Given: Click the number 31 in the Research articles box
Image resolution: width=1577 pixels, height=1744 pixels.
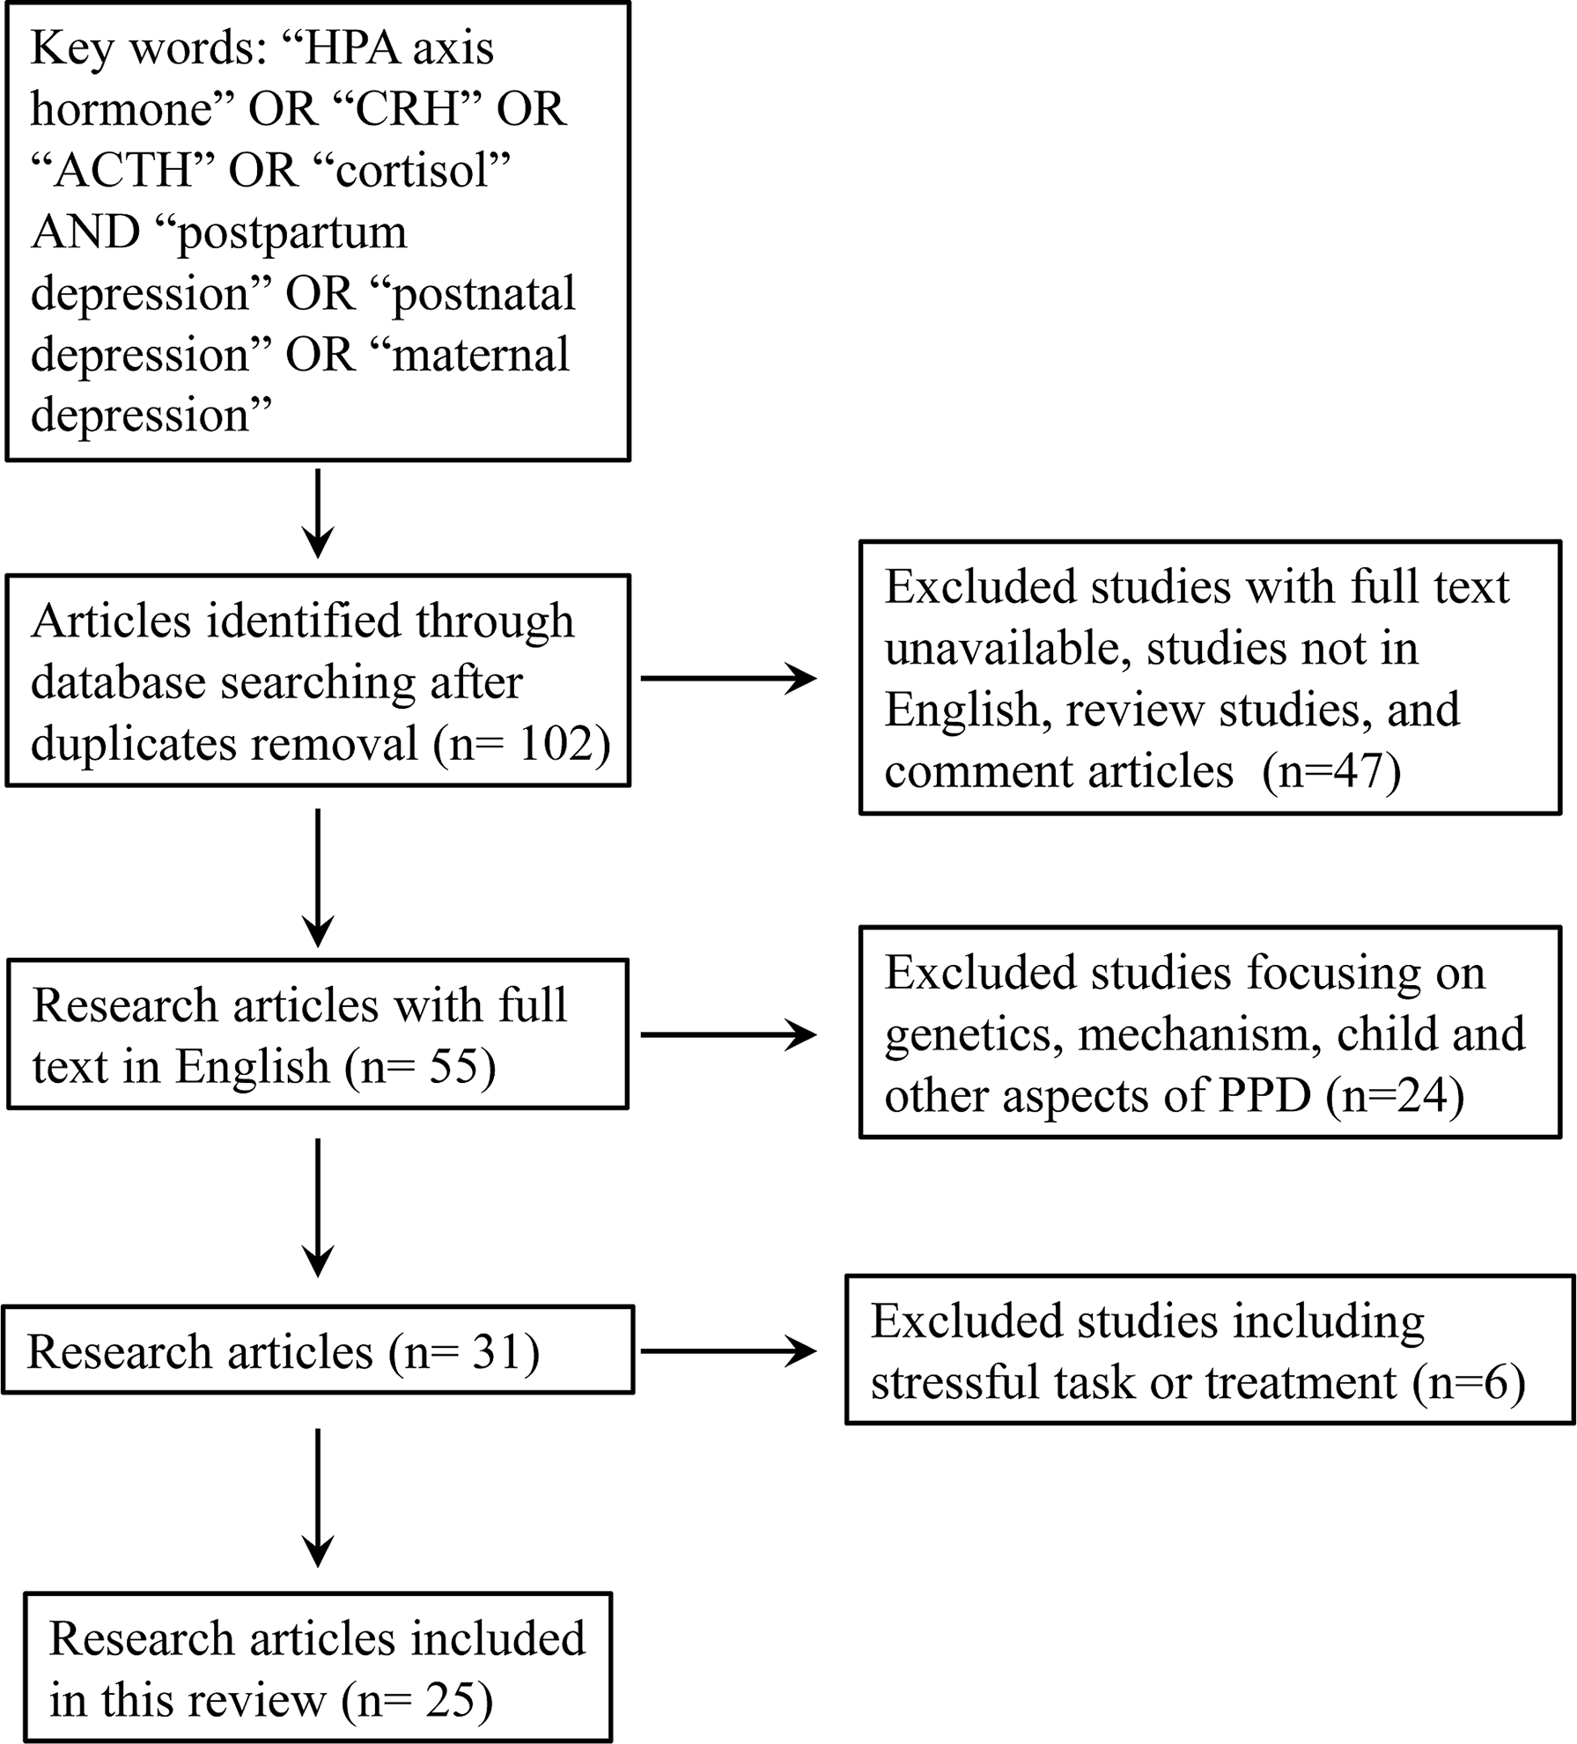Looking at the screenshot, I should (x=496, y=1351).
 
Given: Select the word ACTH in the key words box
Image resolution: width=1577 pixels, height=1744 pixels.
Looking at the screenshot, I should (x=123, y=170).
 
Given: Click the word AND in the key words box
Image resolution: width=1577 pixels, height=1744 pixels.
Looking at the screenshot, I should (x=85, y=232).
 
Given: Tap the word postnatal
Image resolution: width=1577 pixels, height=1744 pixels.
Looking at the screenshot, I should (x=483, y=293).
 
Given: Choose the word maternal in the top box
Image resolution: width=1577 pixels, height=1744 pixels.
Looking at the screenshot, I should (x=481, y=355).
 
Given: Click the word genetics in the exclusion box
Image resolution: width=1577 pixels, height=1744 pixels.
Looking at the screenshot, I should (x=969, y=1035).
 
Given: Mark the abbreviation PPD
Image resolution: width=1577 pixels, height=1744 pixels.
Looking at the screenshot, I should (x=1264, y=1096).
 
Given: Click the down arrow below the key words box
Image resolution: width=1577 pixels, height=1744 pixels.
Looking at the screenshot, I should (x=317, y=515).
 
